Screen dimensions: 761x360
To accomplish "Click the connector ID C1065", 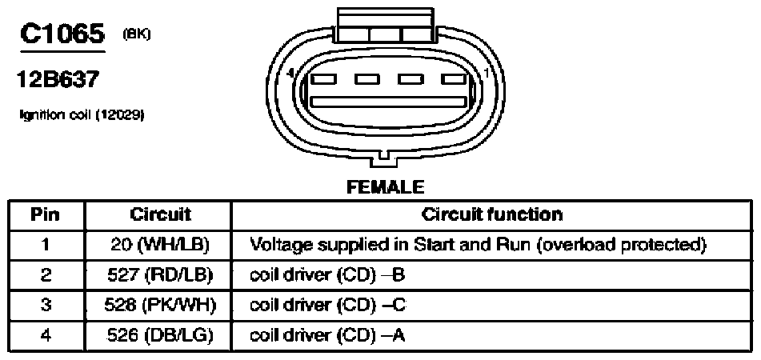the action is coord(62,34).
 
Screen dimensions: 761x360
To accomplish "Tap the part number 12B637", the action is coord(58,78).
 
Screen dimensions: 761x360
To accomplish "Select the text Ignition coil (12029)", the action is coord(81,114).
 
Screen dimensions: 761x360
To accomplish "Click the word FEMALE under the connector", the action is coord(386,186).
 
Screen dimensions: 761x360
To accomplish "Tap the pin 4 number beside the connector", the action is coord(290,74).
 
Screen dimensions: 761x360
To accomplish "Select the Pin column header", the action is coord(45,214).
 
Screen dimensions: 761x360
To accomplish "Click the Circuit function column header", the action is coord(491,214).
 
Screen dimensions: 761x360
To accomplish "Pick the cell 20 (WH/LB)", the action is coord(160,245).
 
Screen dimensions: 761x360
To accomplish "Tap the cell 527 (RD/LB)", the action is coord(159,275).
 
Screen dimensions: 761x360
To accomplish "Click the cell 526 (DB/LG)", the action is coord(160,335).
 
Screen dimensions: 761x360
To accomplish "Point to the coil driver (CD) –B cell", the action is coord(327,275).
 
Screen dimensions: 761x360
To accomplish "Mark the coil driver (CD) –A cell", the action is coord(327,335).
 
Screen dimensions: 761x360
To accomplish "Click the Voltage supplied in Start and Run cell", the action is coord(477,245).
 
